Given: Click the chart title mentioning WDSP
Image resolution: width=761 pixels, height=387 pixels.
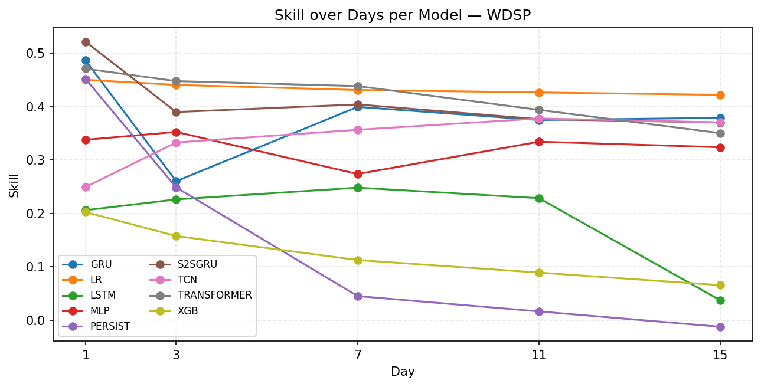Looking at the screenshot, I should point(403,15).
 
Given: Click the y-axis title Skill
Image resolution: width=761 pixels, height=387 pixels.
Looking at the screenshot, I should point(14,185).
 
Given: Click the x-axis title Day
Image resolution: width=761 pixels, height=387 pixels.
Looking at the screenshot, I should point(403,372).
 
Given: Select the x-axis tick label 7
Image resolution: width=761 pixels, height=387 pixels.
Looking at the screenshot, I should point(358,355).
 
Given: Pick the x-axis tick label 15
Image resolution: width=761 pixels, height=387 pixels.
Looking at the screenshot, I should point(720,355).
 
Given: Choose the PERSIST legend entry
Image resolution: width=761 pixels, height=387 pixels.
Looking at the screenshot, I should point(110,326).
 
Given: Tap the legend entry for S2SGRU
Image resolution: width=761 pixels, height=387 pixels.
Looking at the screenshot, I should point(197,264).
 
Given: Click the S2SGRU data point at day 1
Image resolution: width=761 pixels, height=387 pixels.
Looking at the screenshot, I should point(86,42).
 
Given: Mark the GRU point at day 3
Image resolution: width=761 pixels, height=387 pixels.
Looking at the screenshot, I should point(176,181).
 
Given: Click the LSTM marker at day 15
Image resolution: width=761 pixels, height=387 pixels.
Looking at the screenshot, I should point(720,300).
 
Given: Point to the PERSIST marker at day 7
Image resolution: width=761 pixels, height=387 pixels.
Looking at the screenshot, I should point(358,296).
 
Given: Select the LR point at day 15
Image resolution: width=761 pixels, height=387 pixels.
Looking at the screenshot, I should point(720,95).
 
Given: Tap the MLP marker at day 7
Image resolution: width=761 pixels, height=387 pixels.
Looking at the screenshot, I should point(358,174).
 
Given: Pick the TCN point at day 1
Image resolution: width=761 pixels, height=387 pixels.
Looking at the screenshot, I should point(86,187).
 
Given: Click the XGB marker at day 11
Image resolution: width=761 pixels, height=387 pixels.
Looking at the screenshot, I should point(539,273).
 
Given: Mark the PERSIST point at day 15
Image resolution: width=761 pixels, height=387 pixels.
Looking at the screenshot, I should point(720,327).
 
